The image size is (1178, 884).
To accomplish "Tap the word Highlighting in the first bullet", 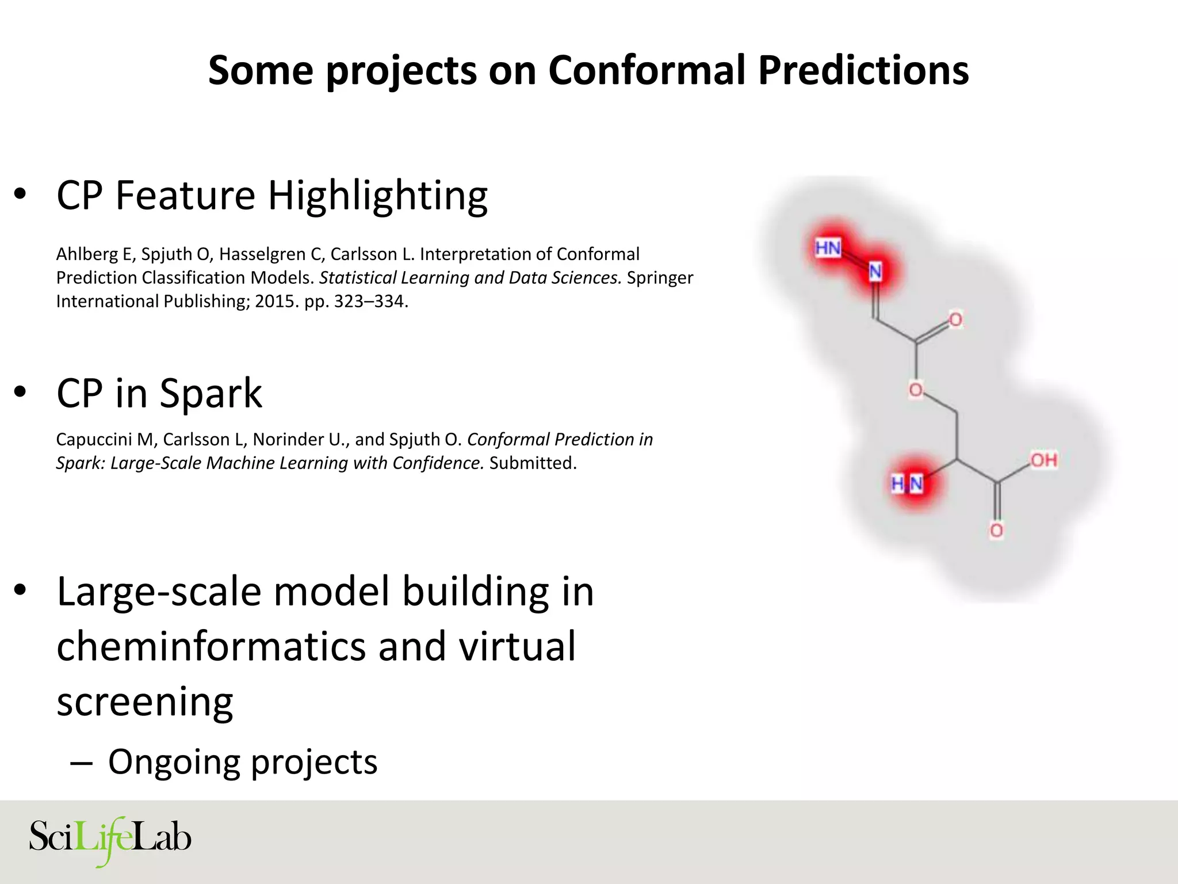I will pyautogui.click(x=377, y=196).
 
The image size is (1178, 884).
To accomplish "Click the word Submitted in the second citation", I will pyautogui.click(x=532, y=463).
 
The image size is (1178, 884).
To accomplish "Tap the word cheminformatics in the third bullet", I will pyautogui.click(x=211, y=646).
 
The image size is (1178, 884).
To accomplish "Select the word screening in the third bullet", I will pyautogui.click(x=144, y=702).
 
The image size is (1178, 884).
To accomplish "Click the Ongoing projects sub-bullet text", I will pyautogui.click(x=242, y=762).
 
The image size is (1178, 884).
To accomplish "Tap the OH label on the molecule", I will pyautogui.click(x=1043, y=460).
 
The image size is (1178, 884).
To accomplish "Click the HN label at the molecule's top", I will pyautogui.click(x=828, y=248).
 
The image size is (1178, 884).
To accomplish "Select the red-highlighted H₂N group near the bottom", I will pyautogui.click(x=907, y=484).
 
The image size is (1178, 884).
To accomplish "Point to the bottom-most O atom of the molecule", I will pyautogui.click(x=996, y=530).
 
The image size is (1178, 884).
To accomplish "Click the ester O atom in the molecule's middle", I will pyautogui.click(x=916, y=390).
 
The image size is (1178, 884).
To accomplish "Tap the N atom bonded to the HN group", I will pyautogui.click(x=875, y=271).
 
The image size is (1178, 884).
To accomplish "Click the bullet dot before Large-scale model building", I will pyautogui.click(x=21, y=590).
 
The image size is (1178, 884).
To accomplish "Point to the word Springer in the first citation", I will pyautogui.click(x=660, y=278).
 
